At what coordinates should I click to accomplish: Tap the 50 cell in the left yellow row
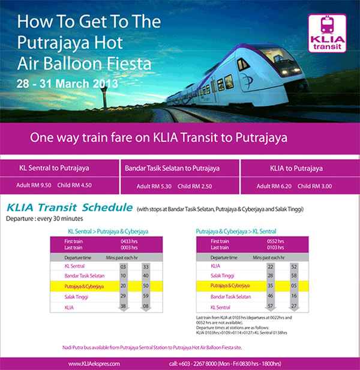click(146, 287)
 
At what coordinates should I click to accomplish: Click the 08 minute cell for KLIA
click(146, 307)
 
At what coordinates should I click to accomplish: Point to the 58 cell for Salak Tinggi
click(294, 276)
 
